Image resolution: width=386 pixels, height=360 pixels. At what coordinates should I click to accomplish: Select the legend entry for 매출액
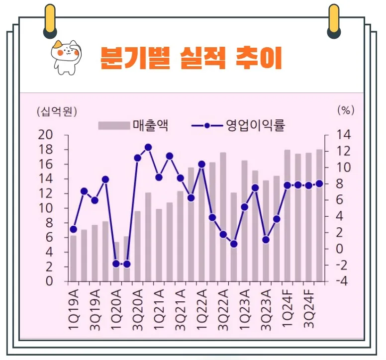tap(133, 125)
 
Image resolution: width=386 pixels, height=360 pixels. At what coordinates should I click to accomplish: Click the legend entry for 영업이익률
tap(238, 125)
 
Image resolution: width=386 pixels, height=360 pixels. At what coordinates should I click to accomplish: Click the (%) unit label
tap(345, 110)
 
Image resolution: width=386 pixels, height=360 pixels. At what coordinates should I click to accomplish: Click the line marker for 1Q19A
tap(73, 229)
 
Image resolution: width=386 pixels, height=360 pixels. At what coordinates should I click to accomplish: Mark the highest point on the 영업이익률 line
tap(148, 147)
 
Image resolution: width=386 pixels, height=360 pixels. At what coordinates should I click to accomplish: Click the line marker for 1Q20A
tap(116, 264)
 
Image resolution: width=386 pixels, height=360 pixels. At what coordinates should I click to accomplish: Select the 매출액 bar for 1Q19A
tap(73, 258)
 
